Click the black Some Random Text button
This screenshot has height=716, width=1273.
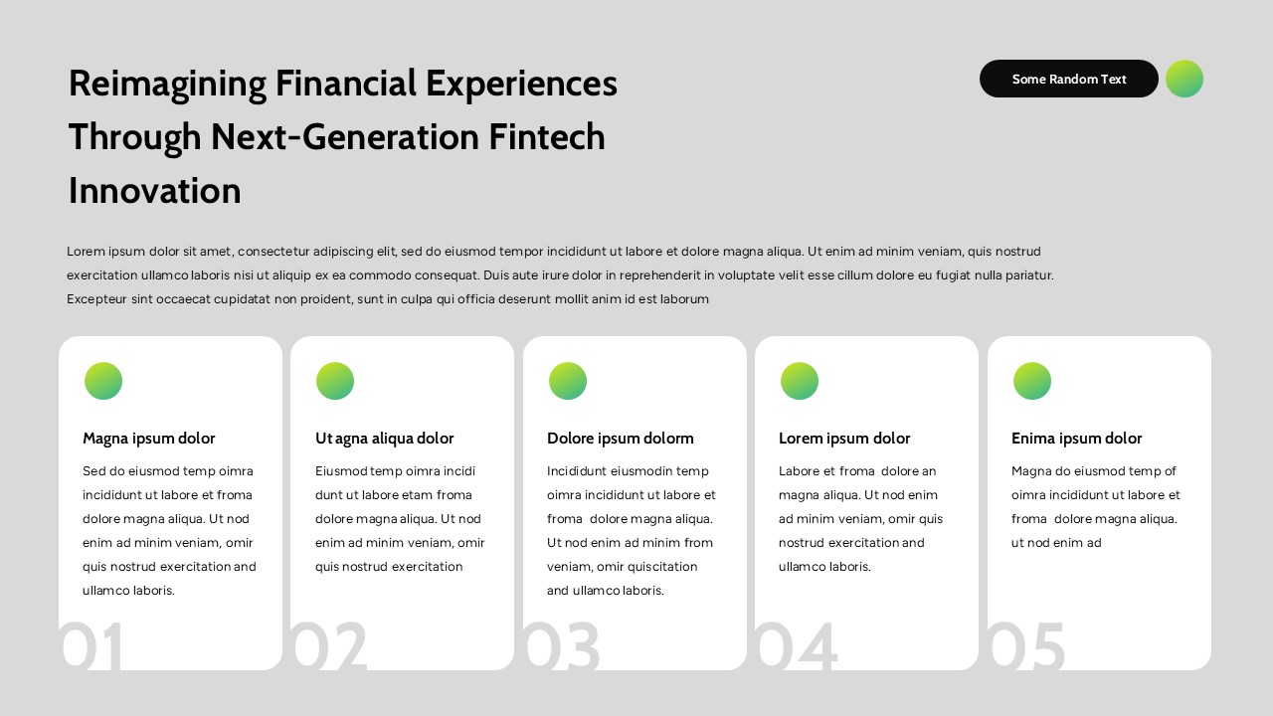click(1068, 79)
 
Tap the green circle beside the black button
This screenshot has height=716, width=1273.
click(1183, 79)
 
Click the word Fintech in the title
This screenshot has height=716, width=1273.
click(546, 136)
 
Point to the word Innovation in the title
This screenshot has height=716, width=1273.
click(154, 190)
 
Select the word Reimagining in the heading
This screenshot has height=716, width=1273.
click(167, 84)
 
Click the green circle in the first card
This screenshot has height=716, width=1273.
click(103, 381)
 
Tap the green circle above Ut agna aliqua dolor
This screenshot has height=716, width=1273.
click(335, 381)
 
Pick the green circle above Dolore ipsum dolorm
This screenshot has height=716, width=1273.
click(568, 381)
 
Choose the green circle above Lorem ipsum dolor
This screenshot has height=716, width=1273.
click(800, 381)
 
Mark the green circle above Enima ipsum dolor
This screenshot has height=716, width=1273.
click(1032, 381)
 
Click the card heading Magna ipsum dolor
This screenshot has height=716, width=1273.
click(148, 439)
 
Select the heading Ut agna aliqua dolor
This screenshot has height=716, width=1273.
click(384, 439)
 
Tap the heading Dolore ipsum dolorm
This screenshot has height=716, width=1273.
click(620, 439)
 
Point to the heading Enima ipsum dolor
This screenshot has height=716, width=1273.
click(1076, 439)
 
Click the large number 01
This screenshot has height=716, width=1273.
click(91, 646)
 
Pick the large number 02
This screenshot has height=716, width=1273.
click(329, 646)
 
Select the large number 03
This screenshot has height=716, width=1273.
click(562, 646)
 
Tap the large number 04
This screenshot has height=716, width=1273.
click(796, 646)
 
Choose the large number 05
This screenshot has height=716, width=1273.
click(1026, 646)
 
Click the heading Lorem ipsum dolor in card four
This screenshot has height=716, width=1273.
click(843, 439)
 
